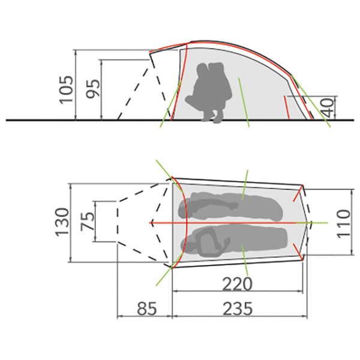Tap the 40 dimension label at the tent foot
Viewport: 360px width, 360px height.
click(x=327, y=107)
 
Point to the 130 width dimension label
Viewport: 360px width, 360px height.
click(x=62, y=222)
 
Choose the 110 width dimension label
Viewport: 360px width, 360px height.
click(x=343, y=222)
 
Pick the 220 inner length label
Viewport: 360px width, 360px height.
click(x=237, y=283)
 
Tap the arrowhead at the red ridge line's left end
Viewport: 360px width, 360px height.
click(x=153, y=223)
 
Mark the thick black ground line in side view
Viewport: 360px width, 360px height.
click(x=48, y=120)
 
